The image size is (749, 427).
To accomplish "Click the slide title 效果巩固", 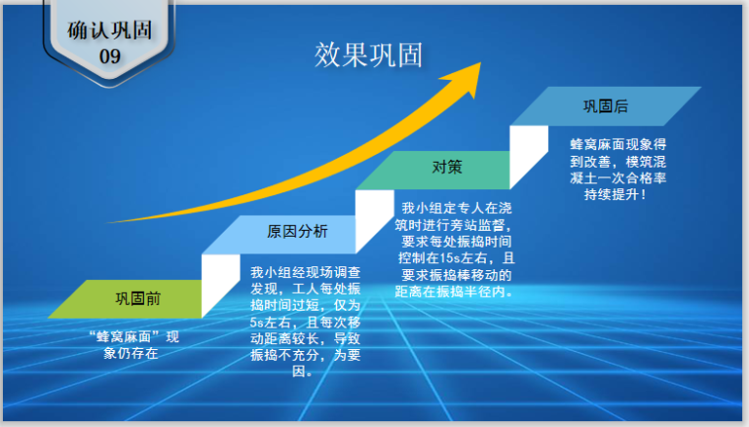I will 369,55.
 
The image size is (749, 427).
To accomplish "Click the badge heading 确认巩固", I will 109,29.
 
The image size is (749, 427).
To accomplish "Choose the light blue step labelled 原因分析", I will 297,233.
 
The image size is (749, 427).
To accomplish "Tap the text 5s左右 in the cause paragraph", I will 268,322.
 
